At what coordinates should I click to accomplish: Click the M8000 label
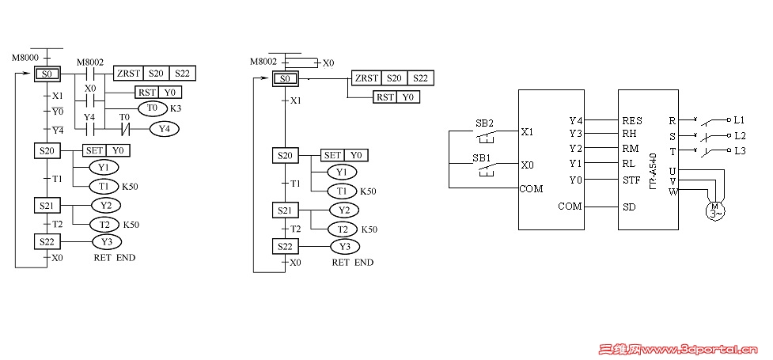(25, 59)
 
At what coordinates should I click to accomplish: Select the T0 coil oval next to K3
(153, 108)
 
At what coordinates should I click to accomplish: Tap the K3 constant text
(176, 108)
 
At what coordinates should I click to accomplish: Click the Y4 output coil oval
(164, 127)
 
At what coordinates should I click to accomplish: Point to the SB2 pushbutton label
(484, 123)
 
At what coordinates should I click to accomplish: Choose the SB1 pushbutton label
(482, 158)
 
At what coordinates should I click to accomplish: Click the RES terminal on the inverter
(632, 120)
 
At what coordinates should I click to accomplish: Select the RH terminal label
(630, 134)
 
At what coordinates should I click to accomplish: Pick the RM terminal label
(631, 148)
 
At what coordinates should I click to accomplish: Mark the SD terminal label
(629, 206)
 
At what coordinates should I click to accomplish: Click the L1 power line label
(739, 120)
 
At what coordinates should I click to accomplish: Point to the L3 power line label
(739, 150)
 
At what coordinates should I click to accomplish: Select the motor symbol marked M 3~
(714, 210)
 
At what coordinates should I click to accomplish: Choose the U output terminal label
(673, 170)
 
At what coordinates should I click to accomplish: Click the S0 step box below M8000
(47, 74)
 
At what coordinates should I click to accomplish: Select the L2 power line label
(739, 135)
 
